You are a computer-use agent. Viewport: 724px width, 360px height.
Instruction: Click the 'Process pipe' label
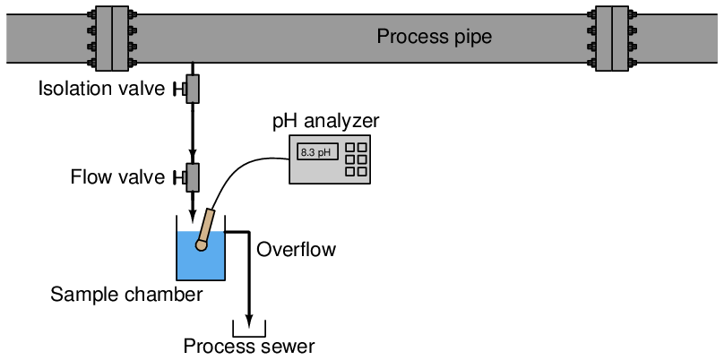(434, 38)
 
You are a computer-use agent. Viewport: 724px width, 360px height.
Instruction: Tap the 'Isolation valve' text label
(101, 89)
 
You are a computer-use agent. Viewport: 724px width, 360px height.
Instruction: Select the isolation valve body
(192, 89)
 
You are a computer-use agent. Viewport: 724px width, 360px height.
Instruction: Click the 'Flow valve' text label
(117, 177)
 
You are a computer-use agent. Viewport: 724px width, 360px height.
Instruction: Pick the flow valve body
(192, 177)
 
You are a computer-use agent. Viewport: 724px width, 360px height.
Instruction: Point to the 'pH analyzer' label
(326, 121)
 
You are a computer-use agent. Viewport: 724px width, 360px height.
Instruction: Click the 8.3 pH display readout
(315, 152)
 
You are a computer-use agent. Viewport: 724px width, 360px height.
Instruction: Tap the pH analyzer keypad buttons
(356, 159)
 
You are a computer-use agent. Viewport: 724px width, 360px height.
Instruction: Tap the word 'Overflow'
(296, 250)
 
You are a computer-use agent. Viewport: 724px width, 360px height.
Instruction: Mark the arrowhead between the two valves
(192, 154)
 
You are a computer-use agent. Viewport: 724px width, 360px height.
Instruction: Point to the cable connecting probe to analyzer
(242, 169)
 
